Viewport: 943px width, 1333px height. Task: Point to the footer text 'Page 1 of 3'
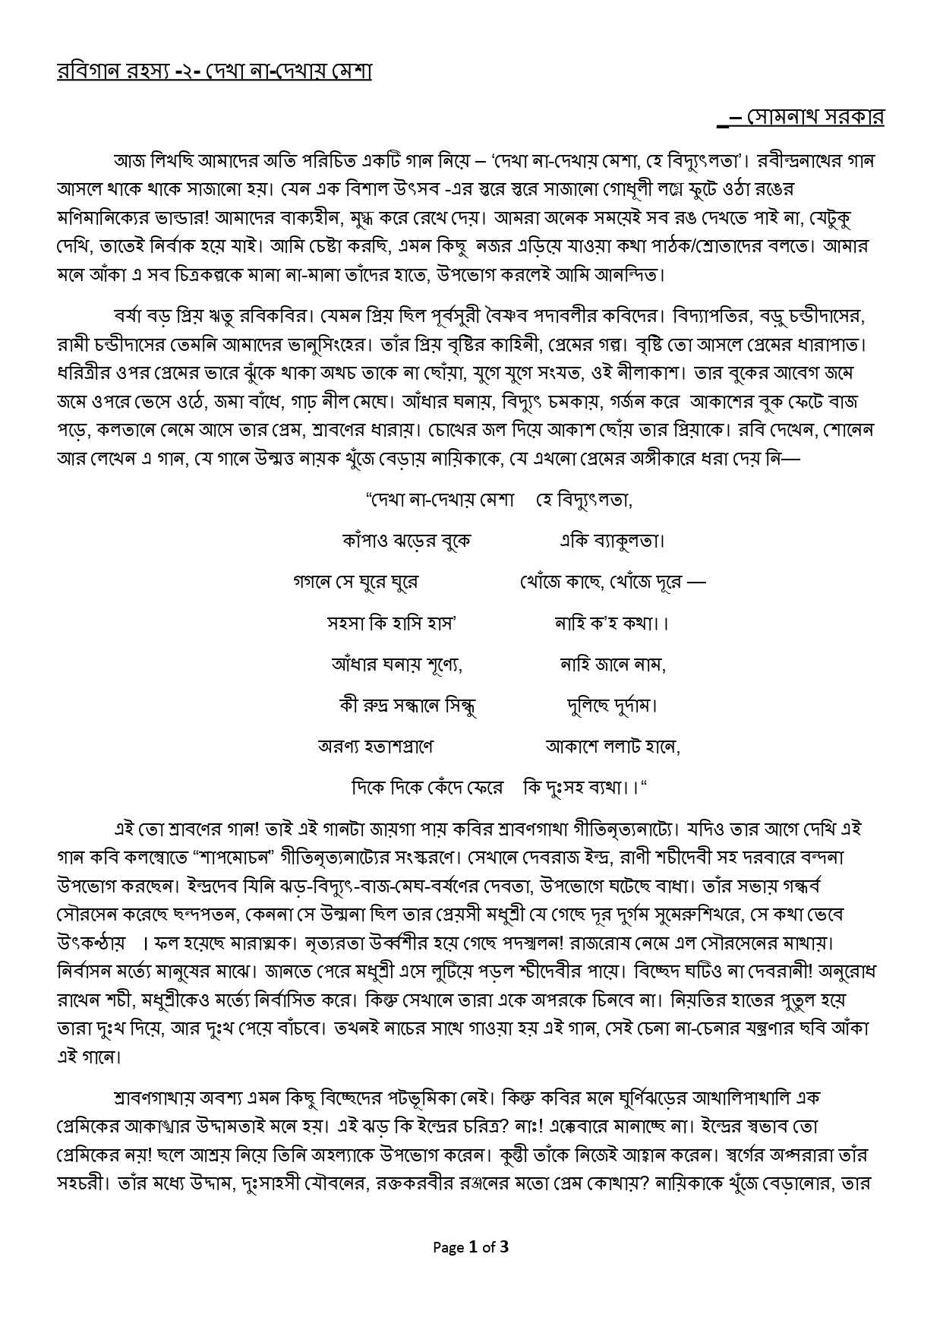point(471,1246)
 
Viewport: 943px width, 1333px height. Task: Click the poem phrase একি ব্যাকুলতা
point(612,541)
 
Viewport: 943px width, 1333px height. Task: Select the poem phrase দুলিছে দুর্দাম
point(612,706)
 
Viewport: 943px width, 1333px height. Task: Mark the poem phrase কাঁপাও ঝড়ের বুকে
point(407,541)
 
